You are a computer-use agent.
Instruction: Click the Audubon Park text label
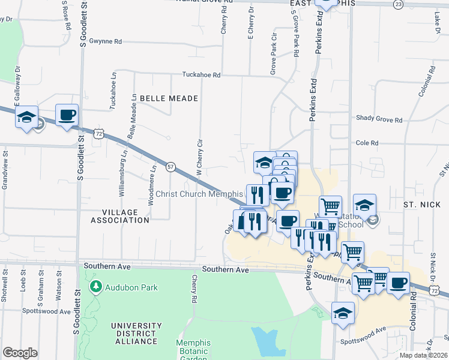click(x=131, y=287)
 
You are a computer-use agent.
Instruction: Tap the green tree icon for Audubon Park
click(x=95, y=287)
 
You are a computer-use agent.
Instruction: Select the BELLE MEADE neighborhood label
click(x=160, y=97)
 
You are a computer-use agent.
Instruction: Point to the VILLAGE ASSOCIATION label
click(x=119, y=216)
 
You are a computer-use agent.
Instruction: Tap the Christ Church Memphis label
click(x=199, y=194)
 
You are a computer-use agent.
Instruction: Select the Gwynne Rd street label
click(x=105, y=41)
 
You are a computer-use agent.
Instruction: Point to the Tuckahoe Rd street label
click(x=202, y=75)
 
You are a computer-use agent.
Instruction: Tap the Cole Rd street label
click(x=367, y=143)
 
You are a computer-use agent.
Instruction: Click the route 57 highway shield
click(x=171, y=167)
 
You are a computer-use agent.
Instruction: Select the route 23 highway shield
click(x=399, y=4)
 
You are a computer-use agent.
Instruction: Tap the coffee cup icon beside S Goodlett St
click(x=67, y=115)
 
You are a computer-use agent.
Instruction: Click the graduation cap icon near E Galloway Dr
click(x=26, y=117)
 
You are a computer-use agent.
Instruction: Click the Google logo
click(x=20, y=353)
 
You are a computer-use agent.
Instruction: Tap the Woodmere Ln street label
click(x=153, y=184)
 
